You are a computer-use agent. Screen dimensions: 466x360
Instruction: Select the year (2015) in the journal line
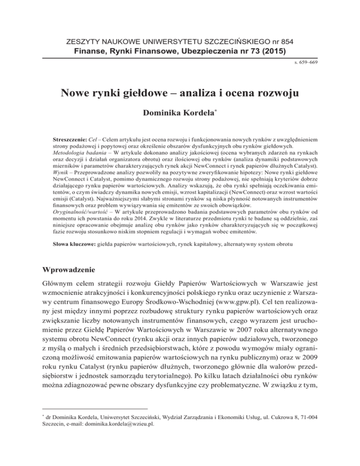tap(272, 49)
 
